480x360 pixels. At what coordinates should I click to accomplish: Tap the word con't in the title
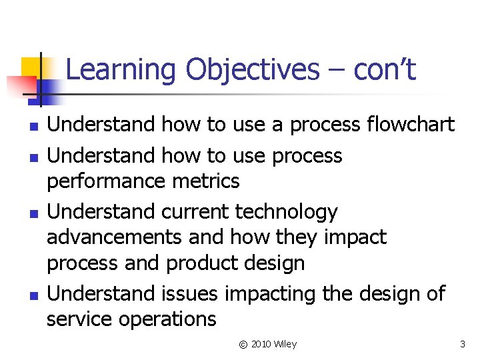click(x=385, y=70)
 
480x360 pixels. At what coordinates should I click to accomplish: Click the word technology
click(x=287, y=212)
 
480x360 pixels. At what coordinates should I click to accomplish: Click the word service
click(x=79, y=319)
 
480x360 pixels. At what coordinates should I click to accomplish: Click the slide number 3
click(x=462, y=344)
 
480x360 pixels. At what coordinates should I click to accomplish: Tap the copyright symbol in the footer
click(x=243, y=344)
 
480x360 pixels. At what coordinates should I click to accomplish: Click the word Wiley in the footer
click(x=285, y=344)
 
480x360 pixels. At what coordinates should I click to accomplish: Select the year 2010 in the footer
click(x=262, y=344)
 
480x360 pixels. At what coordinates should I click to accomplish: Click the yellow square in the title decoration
click(x=32, y=67)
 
